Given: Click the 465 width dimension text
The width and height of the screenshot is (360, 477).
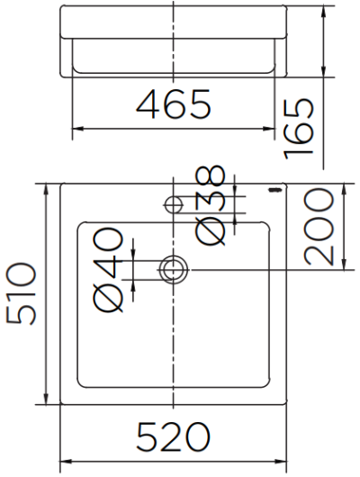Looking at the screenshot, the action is tap(174, 104).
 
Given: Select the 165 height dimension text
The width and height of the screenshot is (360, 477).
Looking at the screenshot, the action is tap(299, 129).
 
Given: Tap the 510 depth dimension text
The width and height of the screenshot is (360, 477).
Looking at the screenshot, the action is tap(21, 293).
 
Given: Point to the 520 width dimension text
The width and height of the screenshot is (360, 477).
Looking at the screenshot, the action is tap(174, 437).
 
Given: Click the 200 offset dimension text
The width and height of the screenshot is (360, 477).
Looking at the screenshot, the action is tap(319, 227).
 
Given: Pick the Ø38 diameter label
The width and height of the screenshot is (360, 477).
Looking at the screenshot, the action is tap(211, 205).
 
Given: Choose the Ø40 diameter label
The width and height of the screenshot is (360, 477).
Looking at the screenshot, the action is tap(109, 270).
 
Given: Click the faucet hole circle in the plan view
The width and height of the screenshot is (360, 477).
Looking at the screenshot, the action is tap(174, 204).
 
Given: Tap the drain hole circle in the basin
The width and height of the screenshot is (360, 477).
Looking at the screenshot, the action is tap(174, 270).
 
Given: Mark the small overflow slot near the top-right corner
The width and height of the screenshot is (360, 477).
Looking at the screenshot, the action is tap(275, 190).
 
